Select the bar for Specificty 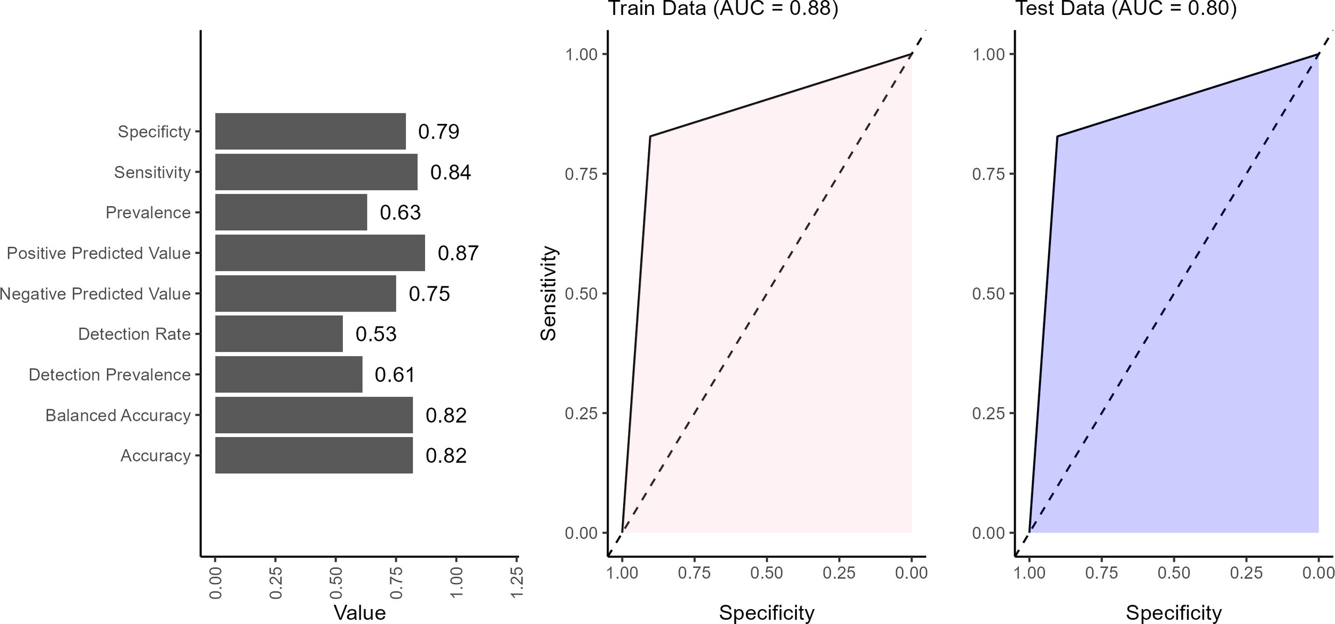(x=310, y=131)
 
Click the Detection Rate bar (x=279, y=334)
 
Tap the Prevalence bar (x=291, y=213)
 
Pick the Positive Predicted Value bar (x=320, y=253)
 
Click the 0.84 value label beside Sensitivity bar (x=451, y=173)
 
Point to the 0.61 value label (x=395, y=375)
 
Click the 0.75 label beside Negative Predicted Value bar (x=429, y=294)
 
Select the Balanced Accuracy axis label (x=118, y=415)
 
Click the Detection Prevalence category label (x=109, y=375)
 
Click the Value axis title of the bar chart (x=359, y=612)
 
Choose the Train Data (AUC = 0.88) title (x=723, y=9)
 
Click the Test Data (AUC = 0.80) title (x=1126, y=9)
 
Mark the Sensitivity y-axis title (x=548, y=293)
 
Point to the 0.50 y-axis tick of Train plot (x=581, y=293)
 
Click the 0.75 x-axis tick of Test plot (x=1101, y=573)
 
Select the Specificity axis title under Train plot (x=766, y=612)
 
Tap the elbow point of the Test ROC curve (x=1057, y=136)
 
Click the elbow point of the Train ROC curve (x=650, y=136)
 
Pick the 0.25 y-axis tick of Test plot (x=988, y=413)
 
